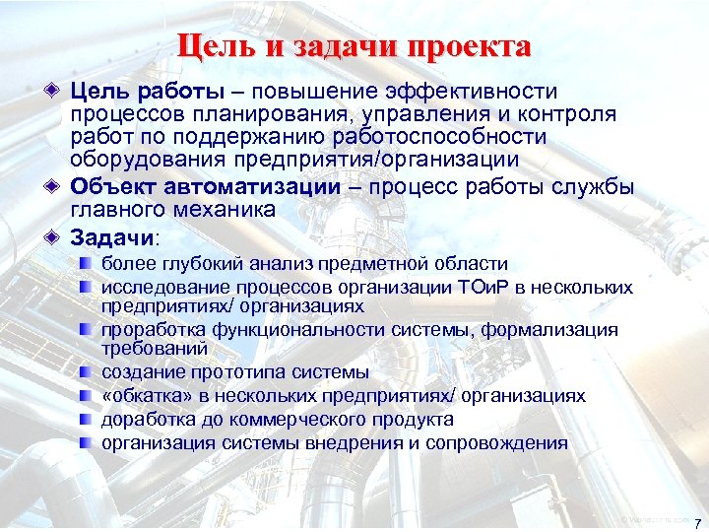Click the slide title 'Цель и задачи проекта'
(354, 45)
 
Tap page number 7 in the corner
(696, 521)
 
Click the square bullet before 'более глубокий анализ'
(88, 263)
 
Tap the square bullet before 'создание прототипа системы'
(88, 372)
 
